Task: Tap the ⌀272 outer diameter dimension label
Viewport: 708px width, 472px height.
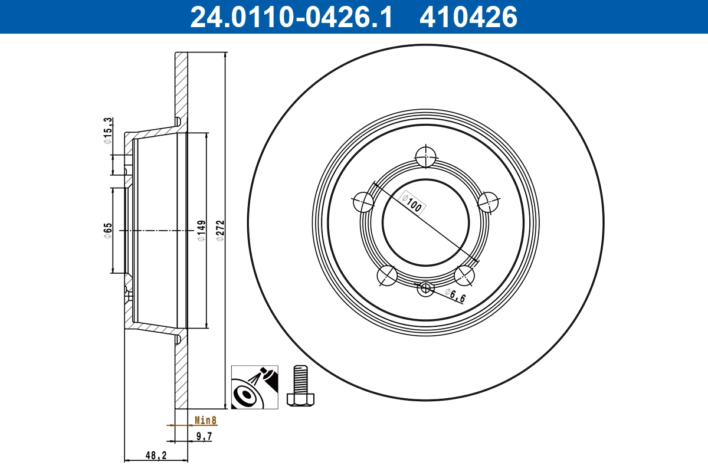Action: tap(219, 230)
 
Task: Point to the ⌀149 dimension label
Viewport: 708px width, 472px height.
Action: tap(201, 230)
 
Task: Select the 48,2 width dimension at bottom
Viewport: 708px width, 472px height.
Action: tap(156, 455)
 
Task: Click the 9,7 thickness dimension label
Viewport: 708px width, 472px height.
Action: tap(203, 437)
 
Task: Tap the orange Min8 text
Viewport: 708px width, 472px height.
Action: tap(206, 421)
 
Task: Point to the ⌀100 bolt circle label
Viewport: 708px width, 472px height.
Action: tap(414, 202)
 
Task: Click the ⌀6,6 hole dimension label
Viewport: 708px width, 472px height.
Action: tap(455, 296)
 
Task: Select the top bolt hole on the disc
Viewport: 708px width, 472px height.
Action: tap(425, 158)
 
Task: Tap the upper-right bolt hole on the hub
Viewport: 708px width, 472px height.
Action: tap(489, 202)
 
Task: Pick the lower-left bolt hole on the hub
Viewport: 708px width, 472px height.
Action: tap(387, 275)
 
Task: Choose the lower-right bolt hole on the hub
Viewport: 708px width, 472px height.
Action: tap(464, 275)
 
